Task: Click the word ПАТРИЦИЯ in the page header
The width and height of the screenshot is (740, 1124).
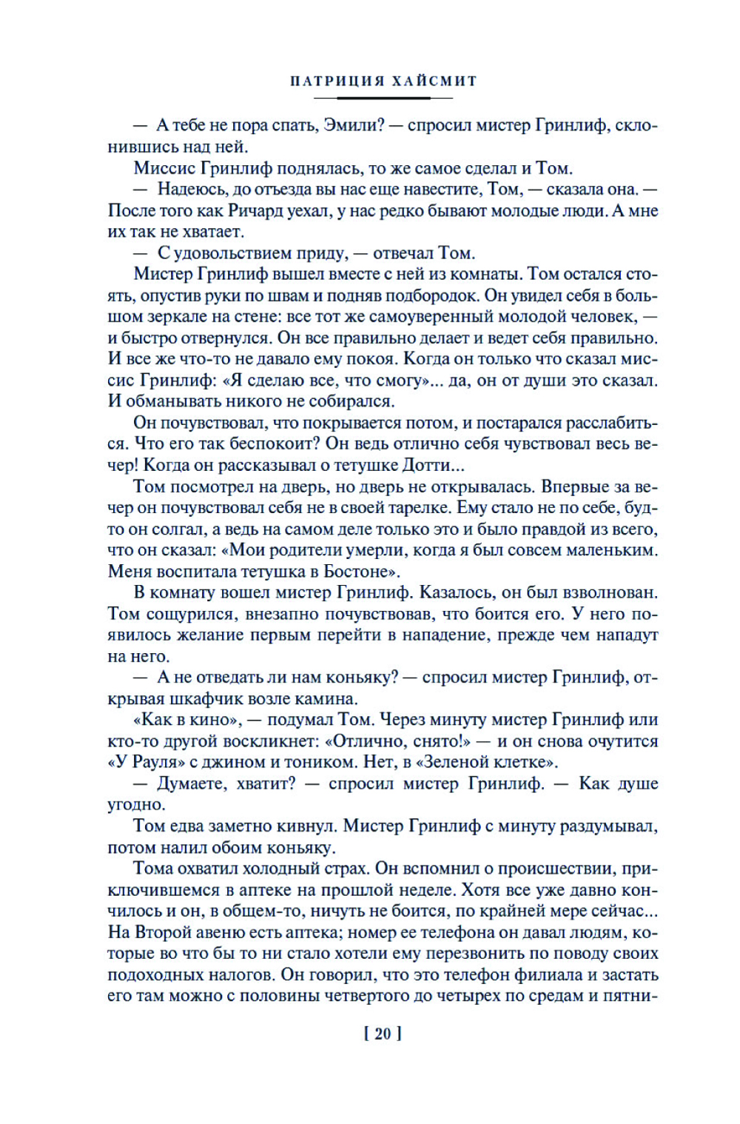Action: [336, 81]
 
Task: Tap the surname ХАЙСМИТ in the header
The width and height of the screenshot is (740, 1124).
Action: [434, 81]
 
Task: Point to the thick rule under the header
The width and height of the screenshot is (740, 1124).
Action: [383, 98]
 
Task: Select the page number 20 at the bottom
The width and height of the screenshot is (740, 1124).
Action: [383, 1034]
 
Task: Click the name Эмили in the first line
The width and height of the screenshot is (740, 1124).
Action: [351, 125]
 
